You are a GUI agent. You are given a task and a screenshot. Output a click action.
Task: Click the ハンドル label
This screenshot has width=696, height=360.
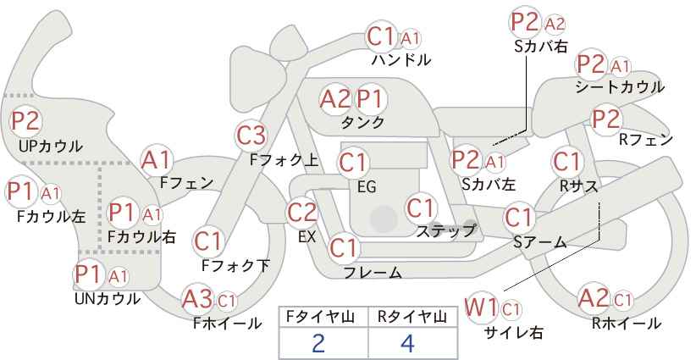coord(401,60)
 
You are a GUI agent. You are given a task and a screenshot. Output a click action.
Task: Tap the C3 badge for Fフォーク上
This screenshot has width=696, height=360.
coord(251,135)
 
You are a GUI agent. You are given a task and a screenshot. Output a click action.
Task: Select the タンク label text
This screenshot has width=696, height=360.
coord(362,123)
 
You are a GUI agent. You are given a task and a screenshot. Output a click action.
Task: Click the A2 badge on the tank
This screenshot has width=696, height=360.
coord(335,99)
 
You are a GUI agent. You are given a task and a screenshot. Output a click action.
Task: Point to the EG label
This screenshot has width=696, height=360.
coord(367,186)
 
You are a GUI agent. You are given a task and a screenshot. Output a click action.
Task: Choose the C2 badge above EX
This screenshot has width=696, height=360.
coord(302,213)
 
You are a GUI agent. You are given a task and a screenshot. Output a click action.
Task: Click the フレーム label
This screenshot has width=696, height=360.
coord(373,272)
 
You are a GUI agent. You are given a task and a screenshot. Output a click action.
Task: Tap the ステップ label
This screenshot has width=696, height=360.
coord(445,230)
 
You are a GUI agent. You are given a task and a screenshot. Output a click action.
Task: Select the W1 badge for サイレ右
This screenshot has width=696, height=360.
coord(481,307)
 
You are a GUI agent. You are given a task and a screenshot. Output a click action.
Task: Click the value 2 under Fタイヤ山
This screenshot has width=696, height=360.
coord(318,343)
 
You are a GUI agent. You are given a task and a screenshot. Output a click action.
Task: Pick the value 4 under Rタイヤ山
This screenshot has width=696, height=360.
coord(408,343)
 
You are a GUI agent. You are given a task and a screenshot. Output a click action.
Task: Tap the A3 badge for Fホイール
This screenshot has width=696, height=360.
coord(198,299)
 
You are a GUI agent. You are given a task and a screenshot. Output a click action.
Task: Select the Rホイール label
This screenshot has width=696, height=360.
coord(627,323)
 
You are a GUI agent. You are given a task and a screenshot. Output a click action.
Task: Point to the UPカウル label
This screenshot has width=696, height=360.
coord(50,146)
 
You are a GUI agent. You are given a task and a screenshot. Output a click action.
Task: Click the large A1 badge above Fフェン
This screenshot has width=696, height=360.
coord(157,159)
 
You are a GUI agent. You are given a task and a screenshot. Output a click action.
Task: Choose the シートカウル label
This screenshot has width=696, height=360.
coord(619,87)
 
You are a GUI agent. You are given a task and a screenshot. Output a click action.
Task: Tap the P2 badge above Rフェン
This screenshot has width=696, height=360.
coord(606,119)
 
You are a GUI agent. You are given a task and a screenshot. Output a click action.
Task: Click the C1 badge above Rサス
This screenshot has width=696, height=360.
coord(566,161)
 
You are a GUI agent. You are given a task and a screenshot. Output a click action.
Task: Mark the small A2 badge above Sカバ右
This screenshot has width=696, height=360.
coord(555,23)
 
